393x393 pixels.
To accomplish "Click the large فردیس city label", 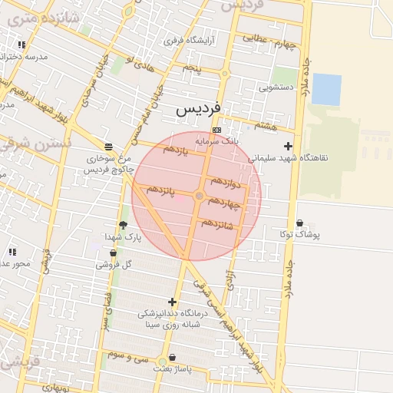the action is pyautogui.click(x=198, y=108).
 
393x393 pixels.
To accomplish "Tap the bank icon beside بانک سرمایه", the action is pyautogui.click(x=217, y=130).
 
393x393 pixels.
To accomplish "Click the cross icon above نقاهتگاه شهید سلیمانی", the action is pyautogui.click(x=288, y=146).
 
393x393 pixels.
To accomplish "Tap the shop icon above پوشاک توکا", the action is pyautogui.click(x=299, y=223).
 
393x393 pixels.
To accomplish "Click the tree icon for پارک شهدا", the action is pyautogui.click(x=123, y=225).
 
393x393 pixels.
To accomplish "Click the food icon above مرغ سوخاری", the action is pyautogui.click(x=108, y=146).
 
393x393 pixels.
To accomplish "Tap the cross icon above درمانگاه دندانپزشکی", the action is pyautogui.click(x=172, y=302).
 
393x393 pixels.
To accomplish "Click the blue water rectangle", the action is pyautogui.click(x=326, y=90).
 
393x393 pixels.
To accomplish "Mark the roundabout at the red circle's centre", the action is pyautogui.click(x=199, y=196).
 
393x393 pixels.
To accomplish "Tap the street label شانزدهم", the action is pyautogui.click(x=217, y=225).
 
